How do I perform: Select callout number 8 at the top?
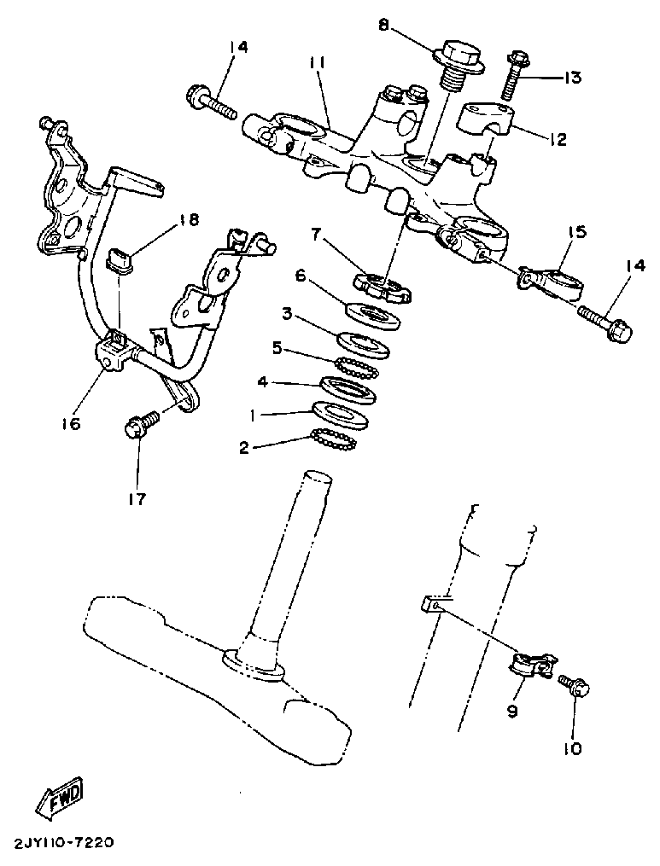pos(384,26)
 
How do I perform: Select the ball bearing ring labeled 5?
pos(356,366)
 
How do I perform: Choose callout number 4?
pos(263,383)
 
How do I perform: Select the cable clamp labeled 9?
pos(531,665)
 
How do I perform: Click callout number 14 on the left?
pos(237,48)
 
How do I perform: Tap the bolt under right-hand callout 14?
pos(605,323)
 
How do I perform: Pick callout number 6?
pos(301,276)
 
